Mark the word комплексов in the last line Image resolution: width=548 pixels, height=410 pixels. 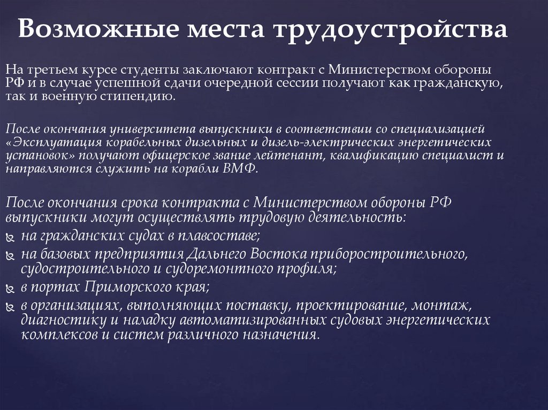(54, 335)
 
